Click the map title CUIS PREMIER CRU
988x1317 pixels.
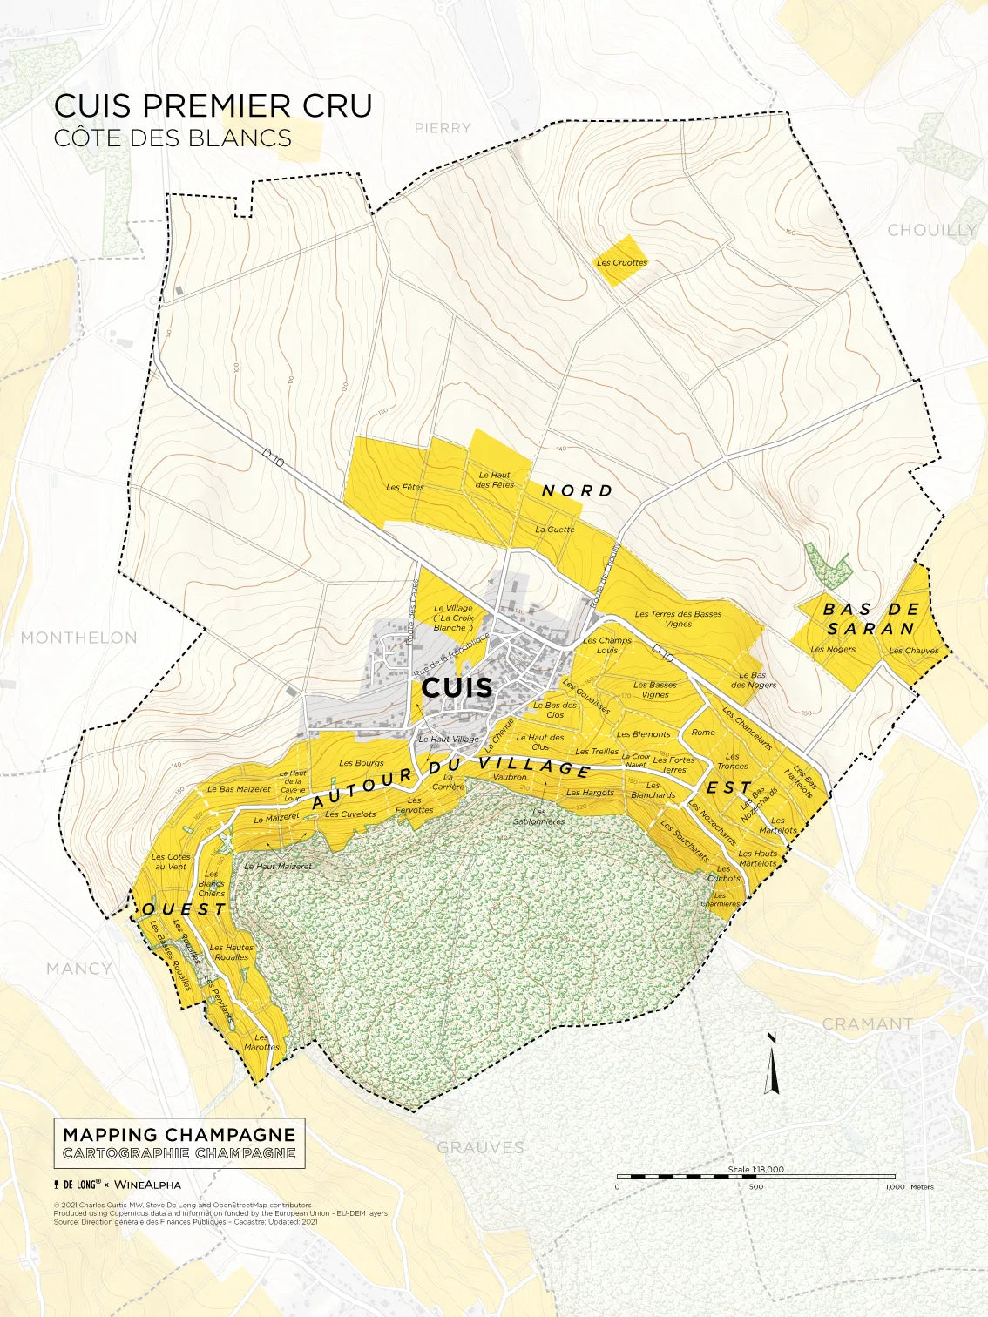click(213, 105)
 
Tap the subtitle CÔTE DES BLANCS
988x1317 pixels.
click(173, 138)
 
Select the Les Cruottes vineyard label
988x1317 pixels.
click(622, 262)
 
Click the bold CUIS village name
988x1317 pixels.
click(457, 687)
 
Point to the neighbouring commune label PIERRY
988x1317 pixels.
click(443, 128)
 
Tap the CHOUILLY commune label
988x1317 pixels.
click(931, 230)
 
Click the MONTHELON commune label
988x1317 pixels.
click(79, 638)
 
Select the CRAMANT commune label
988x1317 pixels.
click(868, 1024)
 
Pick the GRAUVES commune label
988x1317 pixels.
click(480, 1147)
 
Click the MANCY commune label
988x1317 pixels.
click(79, 969)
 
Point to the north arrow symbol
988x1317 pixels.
click(770, 1064)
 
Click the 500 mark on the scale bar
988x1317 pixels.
click(755, 1186)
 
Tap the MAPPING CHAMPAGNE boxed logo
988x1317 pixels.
click(179, 1143)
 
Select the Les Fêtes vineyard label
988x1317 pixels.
click(405, 487)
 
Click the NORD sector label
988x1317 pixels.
click(578, 491)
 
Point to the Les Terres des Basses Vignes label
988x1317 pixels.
click(678, 618)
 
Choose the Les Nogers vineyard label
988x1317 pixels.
click(833, 649)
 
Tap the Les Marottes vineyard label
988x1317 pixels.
click(261, 1043)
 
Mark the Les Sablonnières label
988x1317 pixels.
click(538, 817)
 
